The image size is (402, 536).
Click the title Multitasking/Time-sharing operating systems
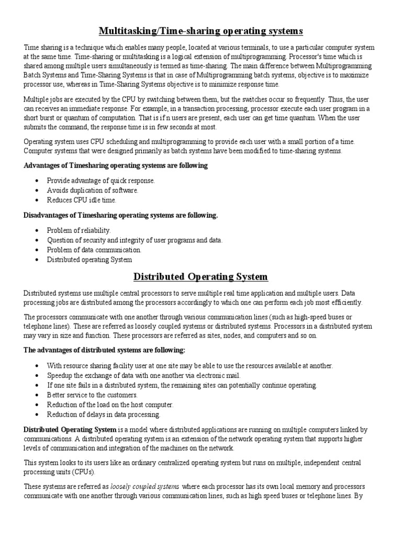[200, 32]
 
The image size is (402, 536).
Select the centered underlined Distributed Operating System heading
[200, 276]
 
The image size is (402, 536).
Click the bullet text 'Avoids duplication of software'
[93, 191]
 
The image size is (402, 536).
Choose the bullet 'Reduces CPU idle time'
[82, 200]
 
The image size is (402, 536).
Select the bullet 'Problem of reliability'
[79, 230]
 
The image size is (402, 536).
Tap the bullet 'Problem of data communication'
[94, 250]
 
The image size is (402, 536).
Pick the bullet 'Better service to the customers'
[92, 395]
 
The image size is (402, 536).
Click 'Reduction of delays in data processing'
[104, 415]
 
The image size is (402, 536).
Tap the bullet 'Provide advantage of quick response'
[101, 181]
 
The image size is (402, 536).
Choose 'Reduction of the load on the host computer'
[110, 405]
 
